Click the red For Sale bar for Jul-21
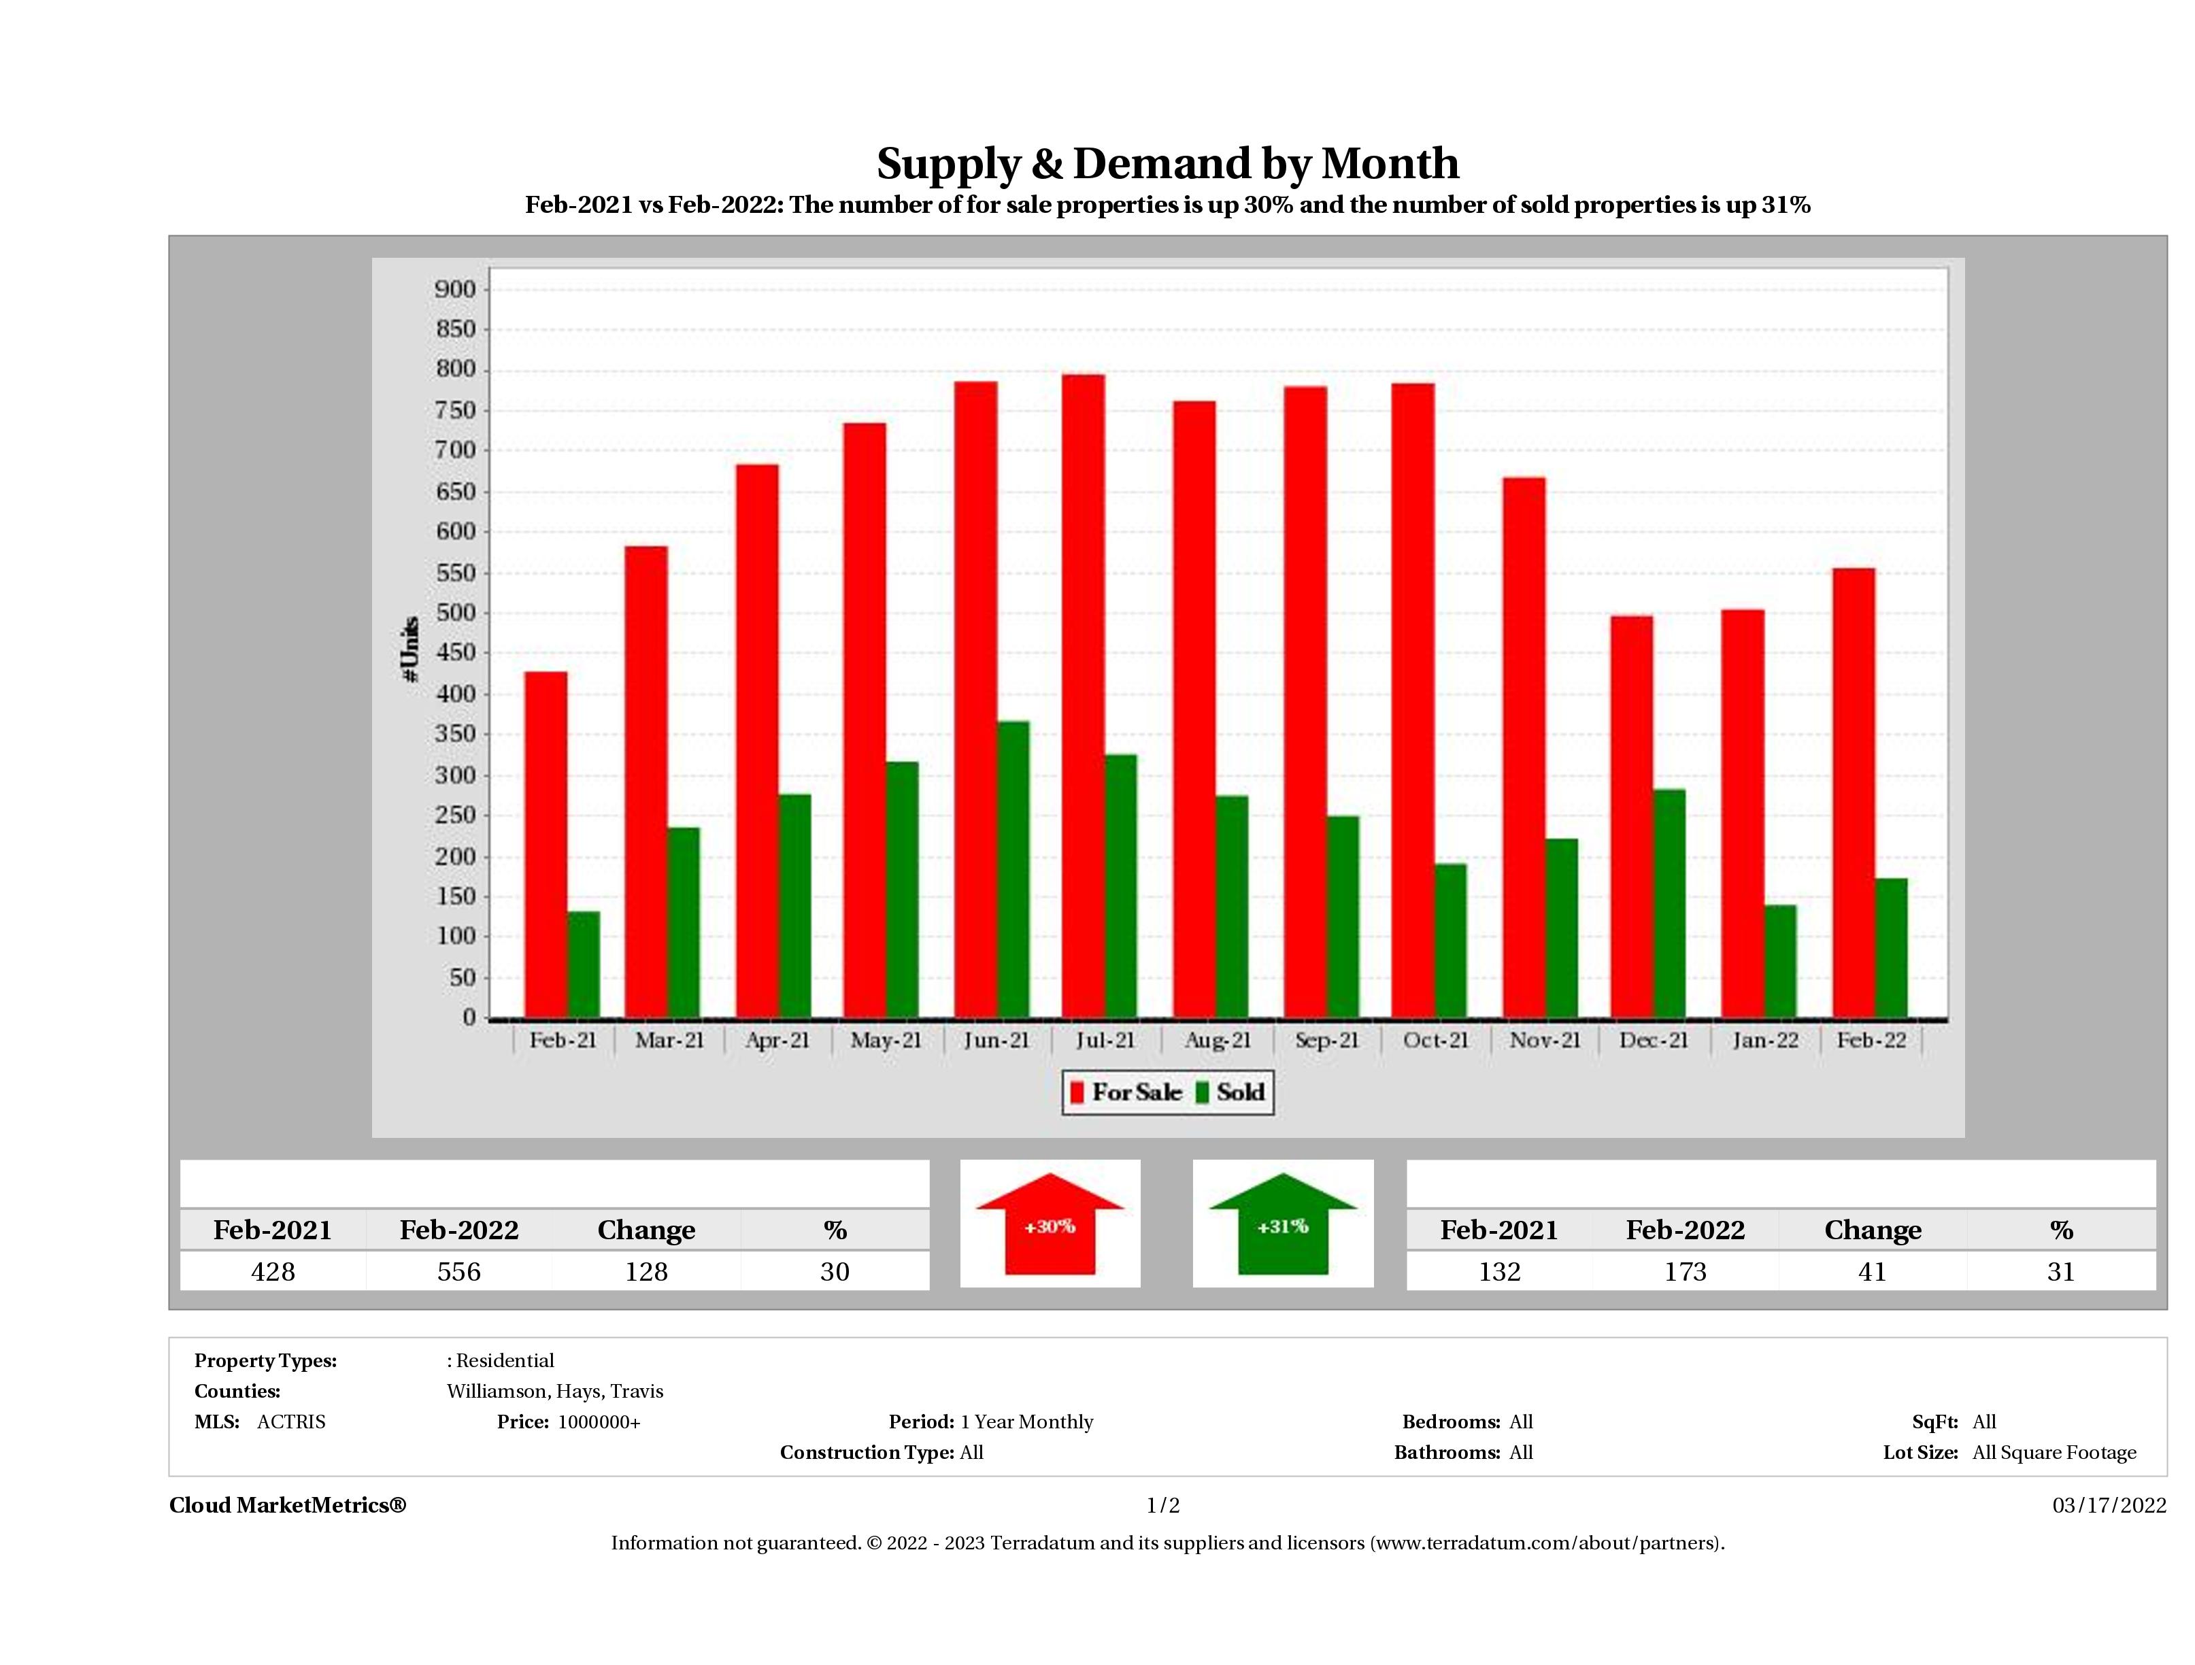click(1083, 694)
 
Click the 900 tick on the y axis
click(456, 289)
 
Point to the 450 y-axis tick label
click(456, 653)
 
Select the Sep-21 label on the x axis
click(1326, 1040)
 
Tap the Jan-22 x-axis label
click(1764, 1040)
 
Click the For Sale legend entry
click(1126, 1092)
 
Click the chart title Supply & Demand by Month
click(1167, 164)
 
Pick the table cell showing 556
click(458, 1271)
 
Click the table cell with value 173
click(1685, 1271)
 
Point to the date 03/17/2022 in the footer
click(2109, 1505)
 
